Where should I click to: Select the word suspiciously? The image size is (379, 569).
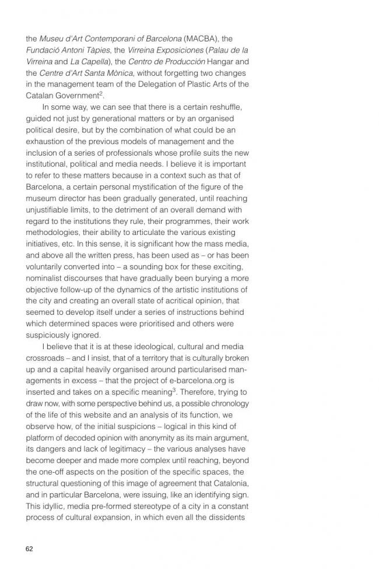(x=48, y=335)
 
